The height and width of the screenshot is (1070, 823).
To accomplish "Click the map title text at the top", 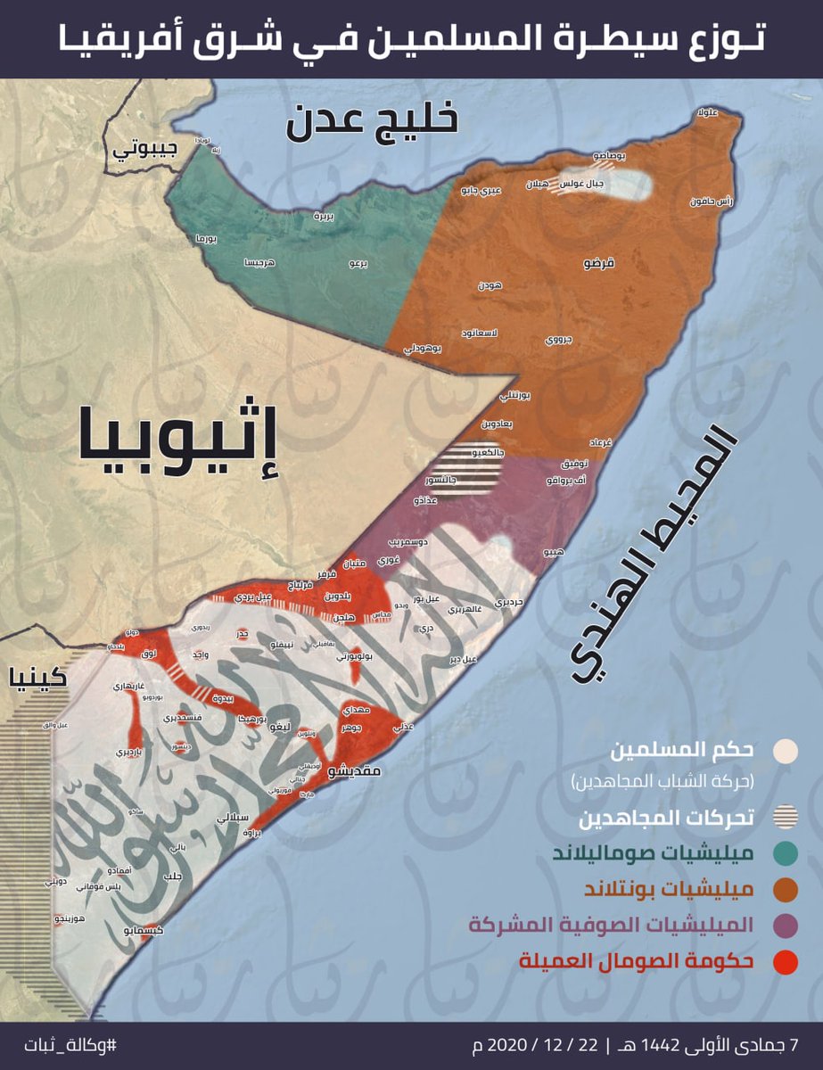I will click(x=411, y=39).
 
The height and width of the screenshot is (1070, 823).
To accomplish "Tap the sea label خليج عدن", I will click(x=372, y=120).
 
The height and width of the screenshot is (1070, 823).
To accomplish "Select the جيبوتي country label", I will click(x=138, y=150).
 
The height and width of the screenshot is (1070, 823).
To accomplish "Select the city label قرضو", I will click(x=597, y=263).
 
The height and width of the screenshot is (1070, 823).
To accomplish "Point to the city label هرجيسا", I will click(x=259, y=263).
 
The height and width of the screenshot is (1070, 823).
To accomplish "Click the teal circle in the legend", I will click(x=786, y=853).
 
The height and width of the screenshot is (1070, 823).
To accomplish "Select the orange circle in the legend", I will click(x=786, y=889).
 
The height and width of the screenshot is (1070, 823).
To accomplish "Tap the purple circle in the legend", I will click(x=786, y=925).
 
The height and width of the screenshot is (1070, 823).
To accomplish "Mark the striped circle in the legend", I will click(x=786, y=818).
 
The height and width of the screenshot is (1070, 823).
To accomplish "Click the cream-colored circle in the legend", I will click(x=786, y=751).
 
